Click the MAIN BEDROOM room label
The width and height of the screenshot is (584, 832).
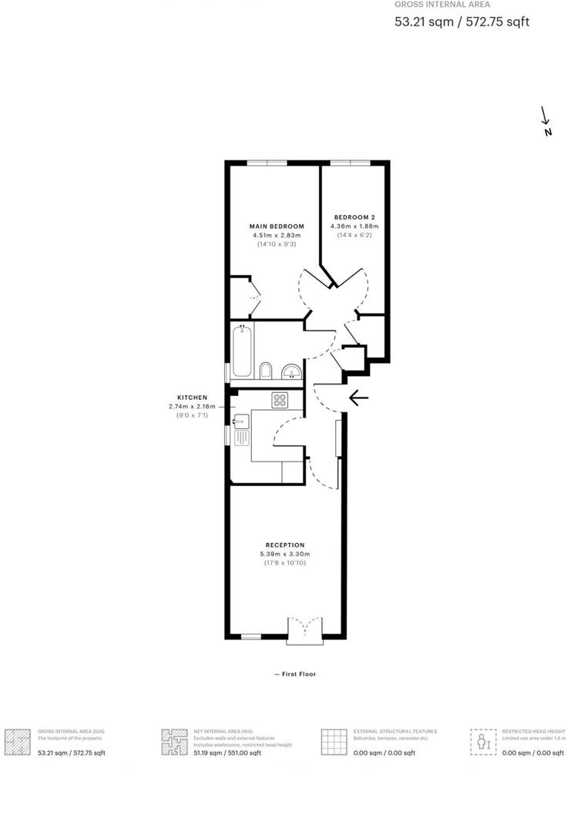(277, 226)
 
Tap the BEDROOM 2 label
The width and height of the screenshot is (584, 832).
(354, 216)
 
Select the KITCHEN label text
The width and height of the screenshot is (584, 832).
(192, 398)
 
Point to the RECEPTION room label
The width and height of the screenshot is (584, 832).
(285, 545)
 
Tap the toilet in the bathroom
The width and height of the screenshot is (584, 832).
(266, 371)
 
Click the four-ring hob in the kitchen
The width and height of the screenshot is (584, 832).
(279, 400)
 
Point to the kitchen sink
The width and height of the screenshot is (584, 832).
(241, 431)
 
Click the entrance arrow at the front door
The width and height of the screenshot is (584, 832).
(358, 398)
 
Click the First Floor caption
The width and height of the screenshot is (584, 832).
(295, 674)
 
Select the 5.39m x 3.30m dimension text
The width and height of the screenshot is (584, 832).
(285, 554)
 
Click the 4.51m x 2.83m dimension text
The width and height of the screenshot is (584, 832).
(277, 235)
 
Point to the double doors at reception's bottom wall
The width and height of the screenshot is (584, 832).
(306, 630)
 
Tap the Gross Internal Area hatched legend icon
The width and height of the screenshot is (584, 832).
(18, 741)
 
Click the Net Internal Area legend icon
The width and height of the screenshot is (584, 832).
(174, 741)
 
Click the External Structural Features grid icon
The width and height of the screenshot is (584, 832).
(334, 741)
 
